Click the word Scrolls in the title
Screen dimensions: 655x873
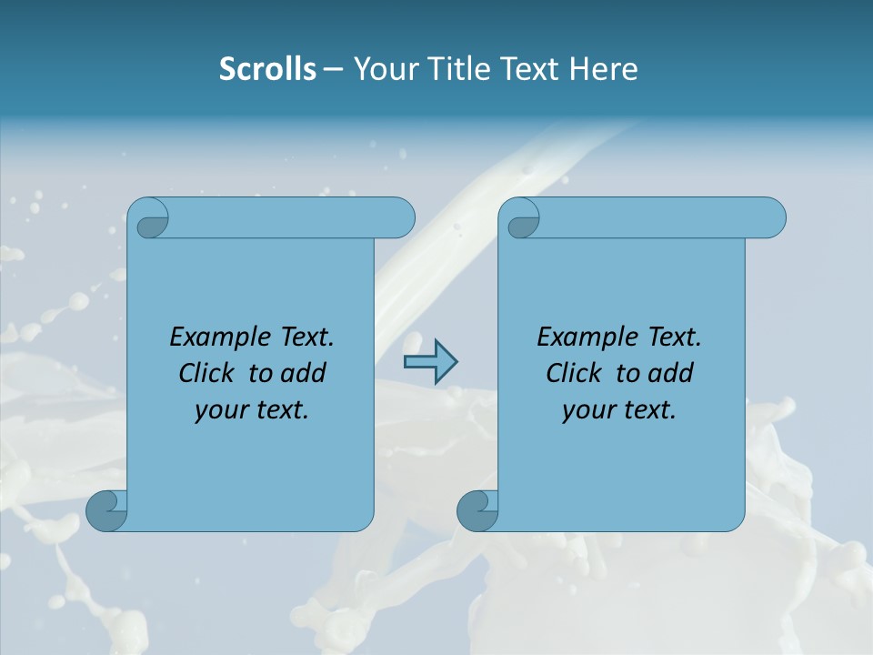[x=267, y=69]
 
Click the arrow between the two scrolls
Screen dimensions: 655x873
[x=430, y=363]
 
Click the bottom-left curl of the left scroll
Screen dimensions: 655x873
[x=106, y=510]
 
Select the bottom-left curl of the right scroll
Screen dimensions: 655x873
[x=477, y=510]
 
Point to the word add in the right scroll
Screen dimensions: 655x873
[x=671, y=373]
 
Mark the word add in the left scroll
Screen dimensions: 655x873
[x=304, y=373]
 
